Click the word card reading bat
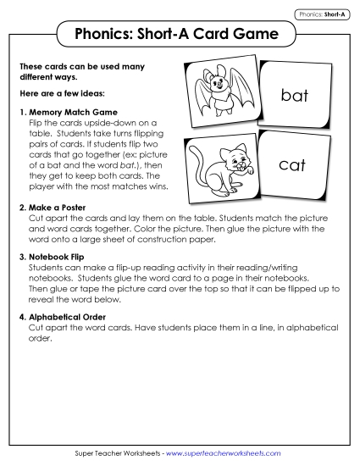pyautogui.click(x=294, y=96)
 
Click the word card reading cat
pyautogui.click(x=292, y=165)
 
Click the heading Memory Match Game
pyautogui.click(x=72, y=112)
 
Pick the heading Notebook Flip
pyautogui.click(x=58, y=255)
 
